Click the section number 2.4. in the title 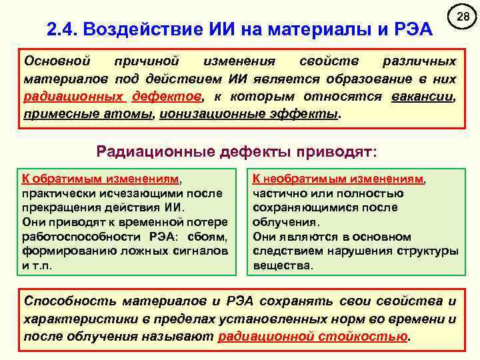[x=65, y=29]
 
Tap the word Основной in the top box [x=55, y=61]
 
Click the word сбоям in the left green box [x=212, y=237]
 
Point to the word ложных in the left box [x=127, y=251]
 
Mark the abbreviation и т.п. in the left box [x=36, y=265]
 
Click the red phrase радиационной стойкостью [x=313, y=336]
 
